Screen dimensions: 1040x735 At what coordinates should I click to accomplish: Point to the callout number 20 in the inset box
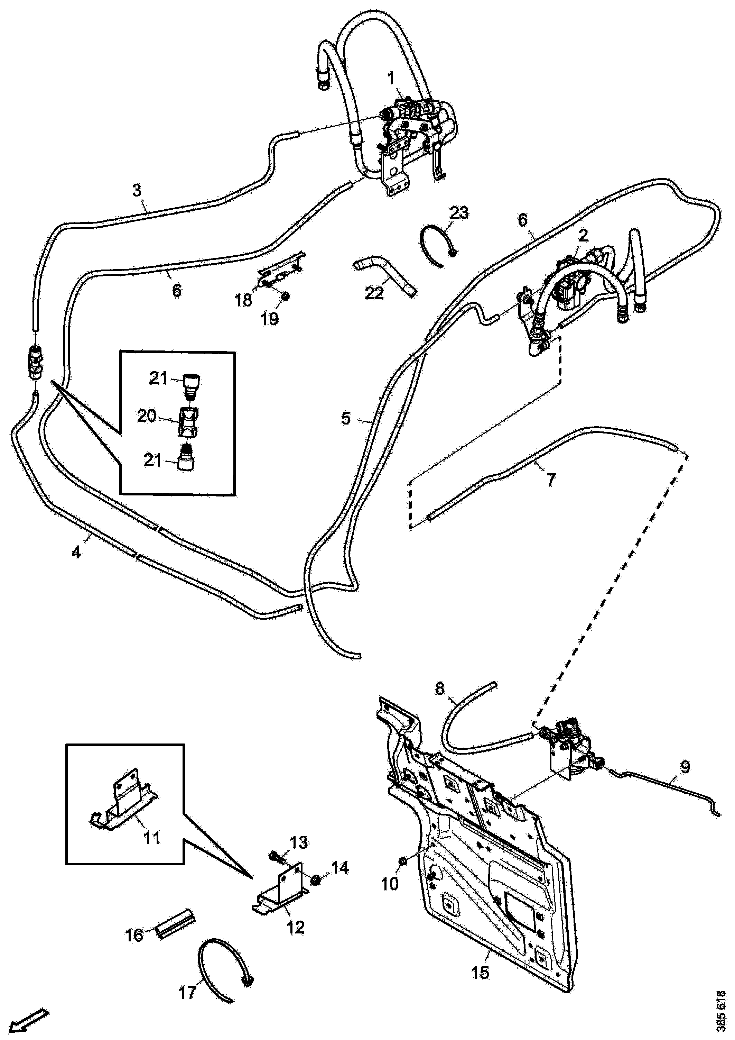point(147,416)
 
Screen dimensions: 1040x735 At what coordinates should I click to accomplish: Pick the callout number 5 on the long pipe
point(346,418)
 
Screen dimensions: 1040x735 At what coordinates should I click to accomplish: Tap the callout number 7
point(550,480)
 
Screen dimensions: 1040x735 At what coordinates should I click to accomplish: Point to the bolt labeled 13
point(277,857)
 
